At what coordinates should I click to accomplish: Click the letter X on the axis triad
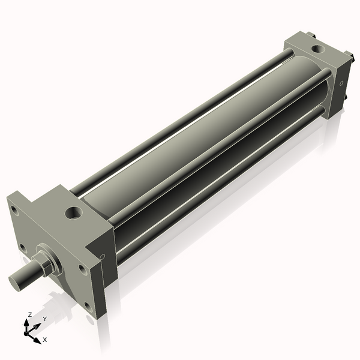(45, 340)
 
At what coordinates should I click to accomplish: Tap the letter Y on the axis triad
(45, 319)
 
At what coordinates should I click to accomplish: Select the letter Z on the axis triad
(29, 314)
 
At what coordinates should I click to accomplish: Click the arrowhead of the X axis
(37, 341)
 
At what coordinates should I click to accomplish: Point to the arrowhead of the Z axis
(26, 323)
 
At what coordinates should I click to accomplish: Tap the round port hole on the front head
(74, 213)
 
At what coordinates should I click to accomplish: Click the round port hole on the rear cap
(318, 49)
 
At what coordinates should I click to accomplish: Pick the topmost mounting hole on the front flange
(14, 211)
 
